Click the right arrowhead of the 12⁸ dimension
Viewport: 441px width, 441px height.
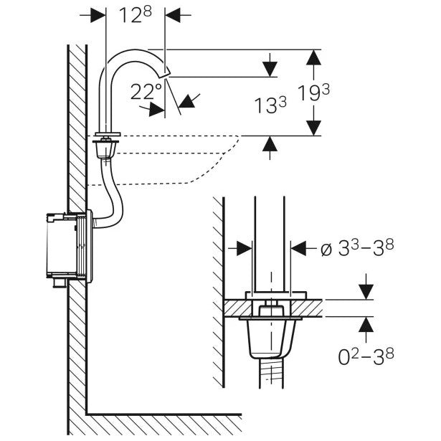171,14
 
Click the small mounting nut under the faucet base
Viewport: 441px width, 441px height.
106,150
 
